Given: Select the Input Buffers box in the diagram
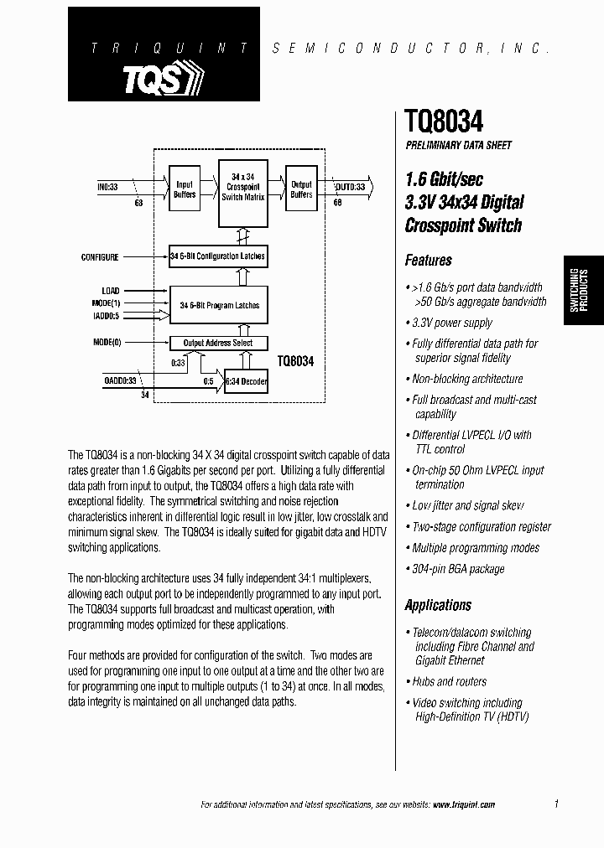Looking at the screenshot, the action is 185,189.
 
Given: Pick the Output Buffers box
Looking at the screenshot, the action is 300,189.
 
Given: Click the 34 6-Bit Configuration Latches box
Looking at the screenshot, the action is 218,256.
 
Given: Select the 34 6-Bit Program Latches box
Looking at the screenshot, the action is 219,306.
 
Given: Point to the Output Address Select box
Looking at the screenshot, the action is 218,343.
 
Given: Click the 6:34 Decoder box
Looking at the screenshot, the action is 246,381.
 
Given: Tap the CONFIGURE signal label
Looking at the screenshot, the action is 100,256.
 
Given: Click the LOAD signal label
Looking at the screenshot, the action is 110,291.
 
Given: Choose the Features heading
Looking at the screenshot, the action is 428,261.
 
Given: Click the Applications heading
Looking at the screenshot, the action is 438,605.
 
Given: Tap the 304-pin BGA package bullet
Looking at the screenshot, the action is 458,569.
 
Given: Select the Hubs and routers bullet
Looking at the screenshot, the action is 449,681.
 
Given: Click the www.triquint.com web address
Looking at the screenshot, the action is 464,804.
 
